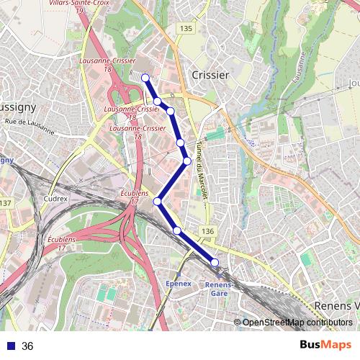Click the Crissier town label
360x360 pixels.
(210, 75)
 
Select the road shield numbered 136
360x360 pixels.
(207, 230)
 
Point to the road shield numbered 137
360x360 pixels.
(5, 204)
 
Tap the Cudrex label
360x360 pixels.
(55, 198)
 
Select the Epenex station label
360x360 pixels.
(179, 284)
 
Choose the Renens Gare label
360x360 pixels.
(218, 288)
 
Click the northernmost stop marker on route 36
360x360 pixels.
(145, 78)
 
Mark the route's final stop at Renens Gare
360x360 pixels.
(215, 262)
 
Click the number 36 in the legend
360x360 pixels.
(27, 346)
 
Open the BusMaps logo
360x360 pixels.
(325, 345)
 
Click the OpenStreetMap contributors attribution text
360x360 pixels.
(297, 322)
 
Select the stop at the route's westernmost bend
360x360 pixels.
(157, 202)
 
